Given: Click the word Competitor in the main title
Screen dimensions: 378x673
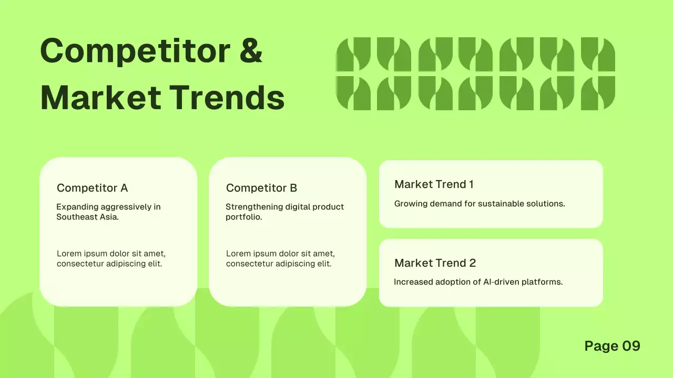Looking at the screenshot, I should click(x=135, y=51).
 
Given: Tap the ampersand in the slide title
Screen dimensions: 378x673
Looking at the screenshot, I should click(x=251, y=51).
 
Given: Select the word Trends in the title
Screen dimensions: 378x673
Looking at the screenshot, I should click(x=227, y=98).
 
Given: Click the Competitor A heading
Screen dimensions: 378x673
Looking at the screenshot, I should click(x=93, y=188).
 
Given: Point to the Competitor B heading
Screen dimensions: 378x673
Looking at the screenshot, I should click(x=262, y=188).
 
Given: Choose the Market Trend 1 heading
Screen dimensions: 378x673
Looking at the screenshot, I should click(x=434, y=184).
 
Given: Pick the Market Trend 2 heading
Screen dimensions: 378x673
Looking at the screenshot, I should click(x=435, y=263).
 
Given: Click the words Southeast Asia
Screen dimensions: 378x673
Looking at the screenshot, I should click(x=87, y=217).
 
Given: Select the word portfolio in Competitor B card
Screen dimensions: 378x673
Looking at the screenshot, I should click(x=243, y=217).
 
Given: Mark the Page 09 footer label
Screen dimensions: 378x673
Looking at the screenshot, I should click(x=612, y=346).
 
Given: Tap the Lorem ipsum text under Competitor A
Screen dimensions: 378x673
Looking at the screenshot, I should click(x=111, y=259).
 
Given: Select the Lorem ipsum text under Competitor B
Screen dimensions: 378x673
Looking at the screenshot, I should click(x=280, y=259).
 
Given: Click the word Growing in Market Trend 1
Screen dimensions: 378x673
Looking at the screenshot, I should click(x=411, y=204).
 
